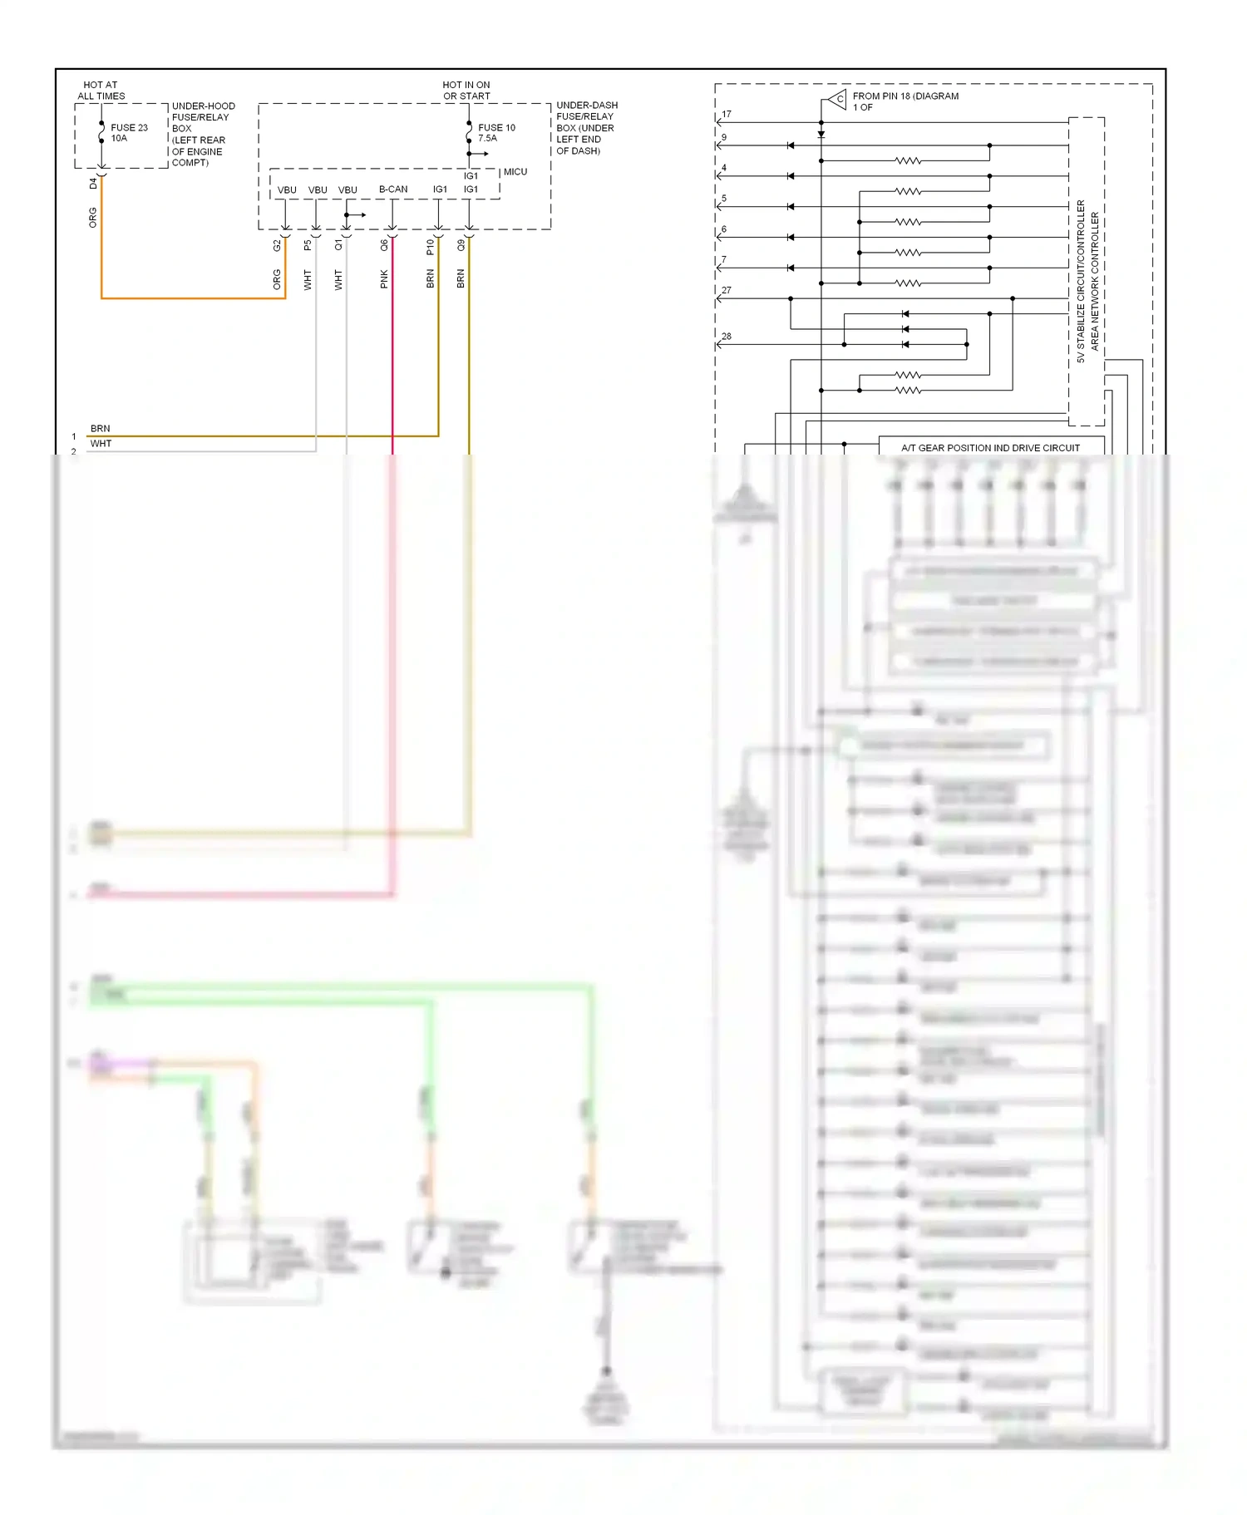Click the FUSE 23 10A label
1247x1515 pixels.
[128, 133]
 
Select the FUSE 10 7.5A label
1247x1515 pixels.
[496, 133]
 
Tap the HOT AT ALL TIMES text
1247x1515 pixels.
[101, 91]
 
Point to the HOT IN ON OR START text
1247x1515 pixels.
[466, 91]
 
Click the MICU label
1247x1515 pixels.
[515, 172]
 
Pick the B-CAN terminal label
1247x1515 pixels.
[393, 189]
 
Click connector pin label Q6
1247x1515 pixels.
[384, 245]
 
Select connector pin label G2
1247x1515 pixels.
[277, 245]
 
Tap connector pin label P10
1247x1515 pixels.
[430, 247]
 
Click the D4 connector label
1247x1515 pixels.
[93, 184]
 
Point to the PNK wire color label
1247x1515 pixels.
[384, 279]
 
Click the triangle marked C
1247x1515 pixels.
[837, 100]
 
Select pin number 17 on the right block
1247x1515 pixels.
[727, 115]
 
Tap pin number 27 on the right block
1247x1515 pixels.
[727, 291]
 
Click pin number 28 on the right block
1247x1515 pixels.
[727, 337]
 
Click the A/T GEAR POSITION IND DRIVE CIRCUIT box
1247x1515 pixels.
[990, 447]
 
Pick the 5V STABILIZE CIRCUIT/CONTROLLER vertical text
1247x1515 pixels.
[1081, 281]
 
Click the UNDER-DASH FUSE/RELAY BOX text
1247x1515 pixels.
[586, 128]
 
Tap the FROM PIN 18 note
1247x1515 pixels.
[904, 101]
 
